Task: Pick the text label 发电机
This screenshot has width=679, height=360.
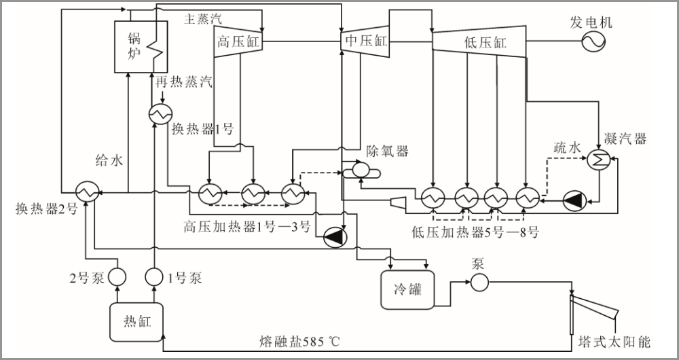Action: [591, 22]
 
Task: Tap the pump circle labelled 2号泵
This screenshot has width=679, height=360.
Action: [118, 276]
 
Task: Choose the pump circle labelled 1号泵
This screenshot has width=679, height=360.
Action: [155, 276]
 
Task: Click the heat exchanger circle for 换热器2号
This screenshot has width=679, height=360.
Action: [86, 192]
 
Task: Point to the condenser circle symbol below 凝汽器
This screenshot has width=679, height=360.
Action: [600, 159]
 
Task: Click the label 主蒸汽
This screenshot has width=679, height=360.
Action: [203, 19]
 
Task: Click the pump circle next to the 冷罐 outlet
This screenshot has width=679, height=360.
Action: [480, 282]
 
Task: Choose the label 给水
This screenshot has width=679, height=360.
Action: [109, 161]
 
